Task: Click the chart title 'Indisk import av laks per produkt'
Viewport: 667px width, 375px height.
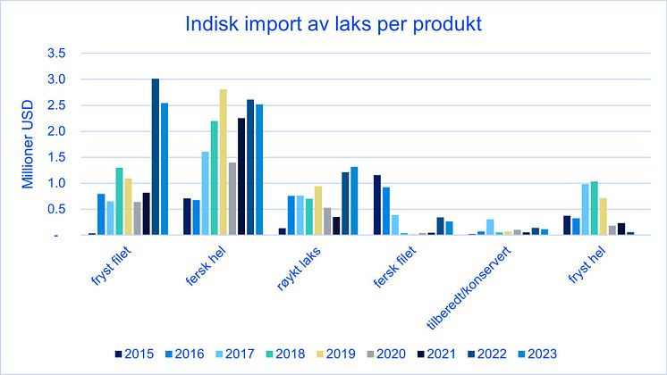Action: click(333, 24)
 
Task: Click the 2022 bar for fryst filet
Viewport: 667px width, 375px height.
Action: click(155, 157)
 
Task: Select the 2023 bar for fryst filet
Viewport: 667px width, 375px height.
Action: click(164, 169)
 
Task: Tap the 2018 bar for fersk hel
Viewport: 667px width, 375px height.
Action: click(214, 178)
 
